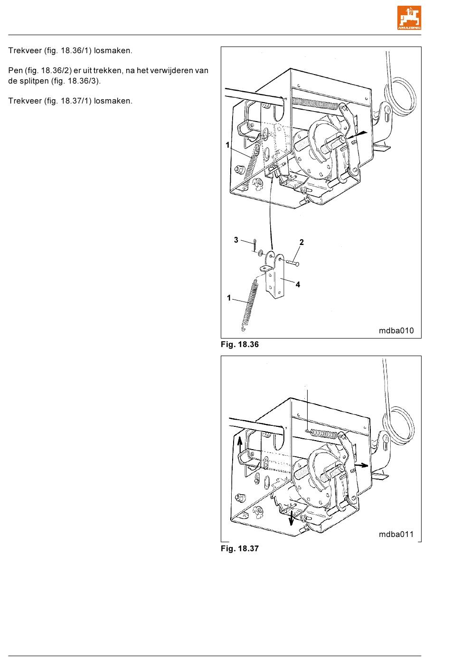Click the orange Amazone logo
tap(409, 18)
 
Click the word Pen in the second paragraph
tap(15, 71)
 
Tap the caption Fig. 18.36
tap(240, 345)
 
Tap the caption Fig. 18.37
tap(240, 549)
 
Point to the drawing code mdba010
tap(396, 330)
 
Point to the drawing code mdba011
tap(396, 534)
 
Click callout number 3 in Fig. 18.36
tap(236, 240)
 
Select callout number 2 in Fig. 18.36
tap(301, 242)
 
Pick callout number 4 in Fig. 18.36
tap(298, 284)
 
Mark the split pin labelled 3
tap(254, 245)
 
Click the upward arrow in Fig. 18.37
tap(240, 446)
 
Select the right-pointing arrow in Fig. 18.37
tap(361, 465)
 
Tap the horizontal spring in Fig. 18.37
tap(323, 433)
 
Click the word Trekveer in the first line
tap(25, 51)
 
